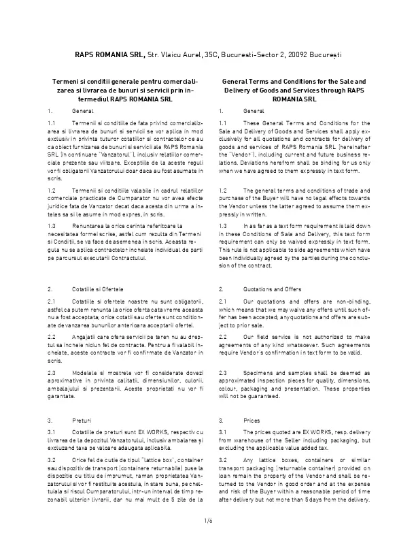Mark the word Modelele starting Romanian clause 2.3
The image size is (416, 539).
point(85,353)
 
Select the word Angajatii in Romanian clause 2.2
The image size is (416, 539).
point(85,317)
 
